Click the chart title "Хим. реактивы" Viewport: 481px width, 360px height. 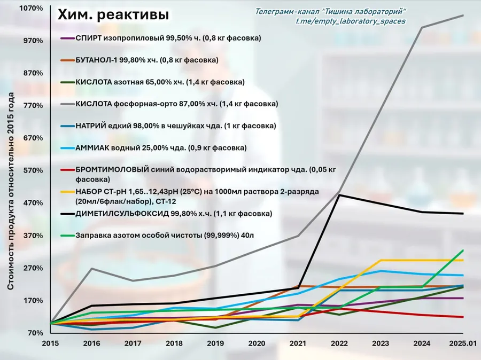coord(113,15)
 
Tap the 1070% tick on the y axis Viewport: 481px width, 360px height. coord(31,9)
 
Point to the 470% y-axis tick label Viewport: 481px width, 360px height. coord(33,203)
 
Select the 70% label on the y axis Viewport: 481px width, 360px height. coord(35,333)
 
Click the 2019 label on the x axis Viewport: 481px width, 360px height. coord(215,343)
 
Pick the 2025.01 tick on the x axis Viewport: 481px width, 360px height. coord(463,343)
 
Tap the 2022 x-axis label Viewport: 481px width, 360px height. coord(339,343)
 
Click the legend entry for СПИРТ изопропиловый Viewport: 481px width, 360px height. coord(161,38)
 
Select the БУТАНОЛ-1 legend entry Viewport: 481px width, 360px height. coord(139,60)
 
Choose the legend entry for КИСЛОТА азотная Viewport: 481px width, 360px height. coord(152,82)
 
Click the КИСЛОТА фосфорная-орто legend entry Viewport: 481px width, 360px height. coord(169,104)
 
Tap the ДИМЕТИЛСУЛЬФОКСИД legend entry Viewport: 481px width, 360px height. coord(166,214)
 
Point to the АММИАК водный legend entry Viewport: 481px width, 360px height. coord(153,148)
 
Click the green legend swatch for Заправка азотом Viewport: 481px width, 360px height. coord(67,236)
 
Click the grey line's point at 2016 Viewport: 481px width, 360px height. coord(91,268)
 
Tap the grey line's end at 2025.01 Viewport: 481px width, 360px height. coord(463,15)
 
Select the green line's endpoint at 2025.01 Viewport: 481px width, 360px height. coord(463,250)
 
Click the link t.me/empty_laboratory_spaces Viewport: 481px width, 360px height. coord(351,21)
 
